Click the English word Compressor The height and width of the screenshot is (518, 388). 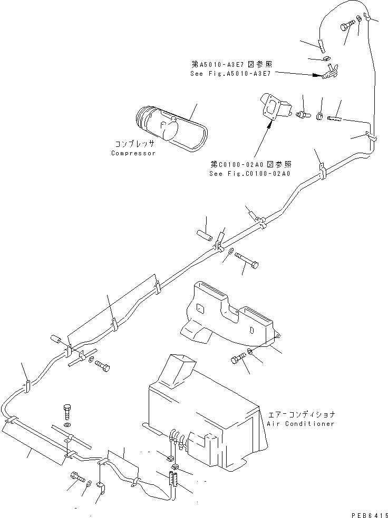(x=133, y=153)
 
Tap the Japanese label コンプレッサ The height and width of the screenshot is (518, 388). (x=135, y=144)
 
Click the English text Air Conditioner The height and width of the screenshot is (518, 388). (x=300, y=423)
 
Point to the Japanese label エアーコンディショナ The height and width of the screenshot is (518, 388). (x=300, y=414)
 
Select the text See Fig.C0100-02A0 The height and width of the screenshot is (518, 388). (x=251, y=173)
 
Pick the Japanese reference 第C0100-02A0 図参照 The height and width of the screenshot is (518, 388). (x=250, y=164)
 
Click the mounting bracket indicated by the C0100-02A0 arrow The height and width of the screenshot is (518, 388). (x=276, y=108)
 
